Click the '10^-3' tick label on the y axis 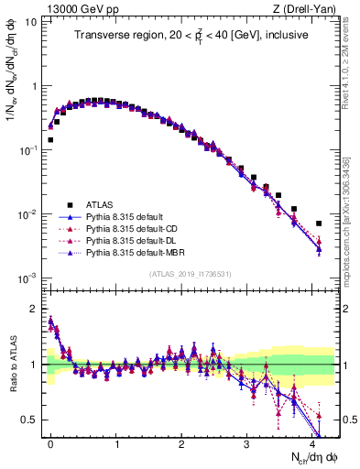(27, 278)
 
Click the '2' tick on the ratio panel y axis (34, 309)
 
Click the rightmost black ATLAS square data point (319, 223)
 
